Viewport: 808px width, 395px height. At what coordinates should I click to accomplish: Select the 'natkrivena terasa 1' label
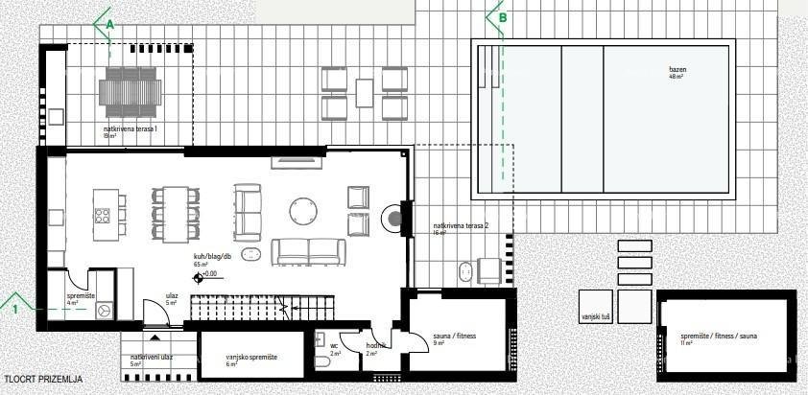(x=131, y=128)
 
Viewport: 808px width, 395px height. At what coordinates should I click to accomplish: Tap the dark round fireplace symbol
(x=394, y=219)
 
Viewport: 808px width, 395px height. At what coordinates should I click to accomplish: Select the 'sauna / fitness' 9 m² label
(x=455, y=336)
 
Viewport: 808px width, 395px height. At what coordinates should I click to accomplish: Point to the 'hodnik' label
(x=375, y=346)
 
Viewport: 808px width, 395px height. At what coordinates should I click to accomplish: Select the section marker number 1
(x=15, y=309)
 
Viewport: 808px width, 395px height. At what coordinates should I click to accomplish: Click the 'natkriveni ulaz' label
(x=151, y=357)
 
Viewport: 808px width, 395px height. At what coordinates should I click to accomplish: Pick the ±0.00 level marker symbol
(x=200, y=277)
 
